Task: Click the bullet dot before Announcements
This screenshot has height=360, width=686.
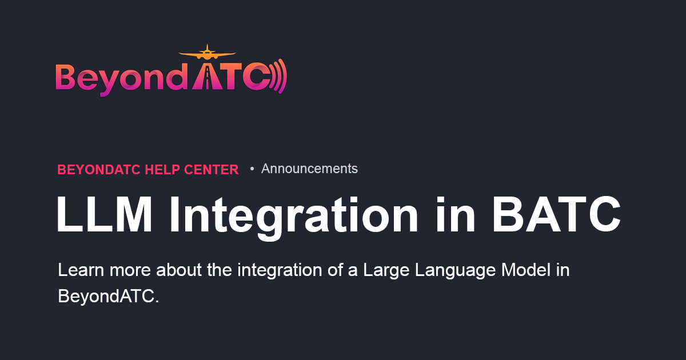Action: pos(252,169)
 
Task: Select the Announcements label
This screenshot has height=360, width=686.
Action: pos(309,169)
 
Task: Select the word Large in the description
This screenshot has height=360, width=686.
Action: pos(384,270)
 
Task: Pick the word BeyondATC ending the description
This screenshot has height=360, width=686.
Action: pos(108,296)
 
